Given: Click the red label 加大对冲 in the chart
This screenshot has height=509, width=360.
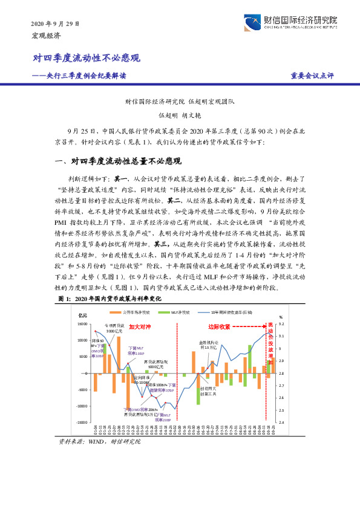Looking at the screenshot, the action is tap(139, 326).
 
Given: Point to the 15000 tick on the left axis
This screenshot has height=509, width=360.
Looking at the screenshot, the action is tap(80, 324).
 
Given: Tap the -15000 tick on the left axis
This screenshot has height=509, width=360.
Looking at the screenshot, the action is tap(79, 423).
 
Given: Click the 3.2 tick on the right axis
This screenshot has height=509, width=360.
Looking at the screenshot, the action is tap(281, 324).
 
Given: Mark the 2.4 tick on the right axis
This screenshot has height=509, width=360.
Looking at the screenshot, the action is tap(281, 423).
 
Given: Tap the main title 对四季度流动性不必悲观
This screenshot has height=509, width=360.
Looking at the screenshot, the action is tap(87, 59).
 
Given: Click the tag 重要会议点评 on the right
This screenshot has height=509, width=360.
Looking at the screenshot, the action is tap(312, 76).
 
